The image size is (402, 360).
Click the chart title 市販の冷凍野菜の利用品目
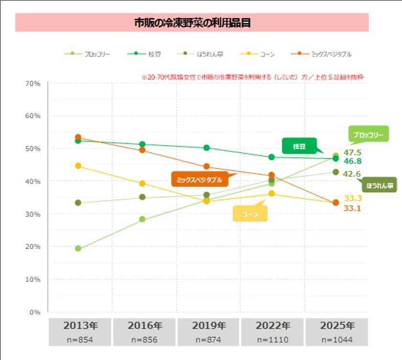click(192, 23)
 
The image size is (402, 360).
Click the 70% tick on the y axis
click(33, 83)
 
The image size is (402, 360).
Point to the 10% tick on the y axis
click(33, 279)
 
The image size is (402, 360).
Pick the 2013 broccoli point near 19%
click(78, 249)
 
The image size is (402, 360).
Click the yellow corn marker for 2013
click(78, 166)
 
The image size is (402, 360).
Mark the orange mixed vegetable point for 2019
click(206, 166)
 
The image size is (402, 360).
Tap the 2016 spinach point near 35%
click(142, 197)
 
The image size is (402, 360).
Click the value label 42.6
click(352, 174)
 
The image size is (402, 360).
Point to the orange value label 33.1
click(352, 208)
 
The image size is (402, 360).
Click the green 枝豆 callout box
click(299, 146)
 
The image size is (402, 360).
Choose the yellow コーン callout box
click(250, 215)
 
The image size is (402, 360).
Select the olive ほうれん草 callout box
click(379, 185)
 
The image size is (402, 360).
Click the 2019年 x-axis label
click(209, 326)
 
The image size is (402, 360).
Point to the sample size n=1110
click(273, 340)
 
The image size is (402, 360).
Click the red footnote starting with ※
click(253, 76)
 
